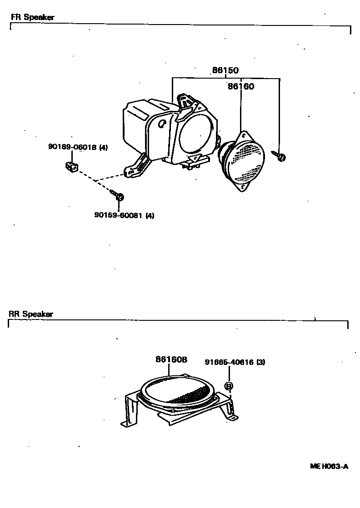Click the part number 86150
(225, 70)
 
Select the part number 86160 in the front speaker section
(240, 86)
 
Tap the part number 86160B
(171, 359)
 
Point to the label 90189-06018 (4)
(78, 147)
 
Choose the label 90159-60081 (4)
(124, 215)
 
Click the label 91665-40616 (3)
(235, 362)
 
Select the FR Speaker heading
(32, 17)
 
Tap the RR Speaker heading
(31, 314)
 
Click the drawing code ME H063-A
(329, 466)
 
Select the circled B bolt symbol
(229, 386)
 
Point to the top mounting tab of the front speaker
(245, 135)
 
